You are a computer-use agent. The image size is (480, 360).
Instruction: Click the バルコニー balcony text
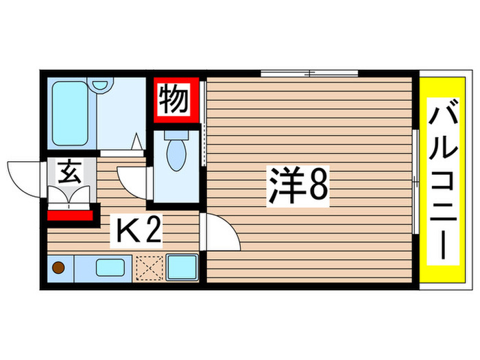(x=442, y=182)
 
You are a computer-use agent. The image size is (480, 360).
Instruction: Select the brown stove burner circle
(x=59, y=267)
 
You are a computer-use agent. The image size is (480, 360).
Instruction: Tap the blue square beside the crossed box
(x=182, y=267)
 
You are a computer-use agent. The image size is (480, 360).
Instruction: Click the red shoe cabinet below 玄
(x=71, y=215)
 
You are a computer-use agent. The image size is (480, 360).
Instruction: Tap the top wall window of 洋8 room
(x=310, y=72)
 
